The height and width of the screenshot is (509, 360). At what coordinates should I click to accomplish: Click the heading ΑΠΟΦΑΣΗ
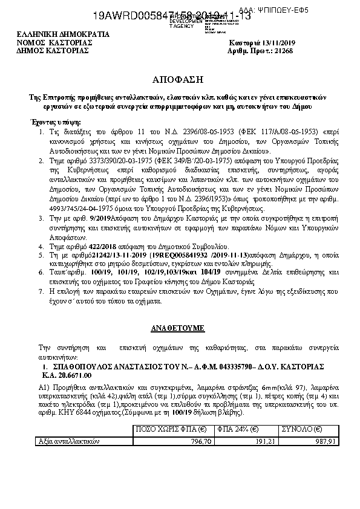180,80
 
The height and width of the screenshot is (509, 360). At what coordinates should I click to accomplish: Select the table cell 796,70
200,441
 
